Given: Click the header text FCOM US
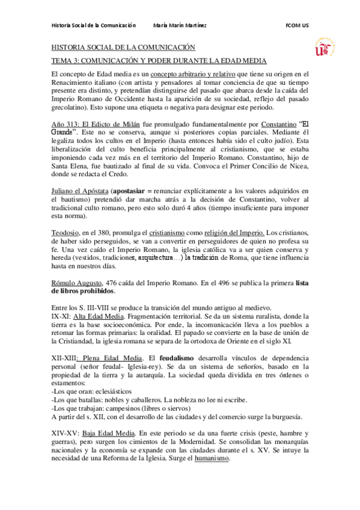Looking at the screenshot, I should pyautogui.click(x=297, y=25).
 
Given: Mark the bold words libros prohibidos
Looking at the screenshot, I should pyautogui.click(x=83, y=291).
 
